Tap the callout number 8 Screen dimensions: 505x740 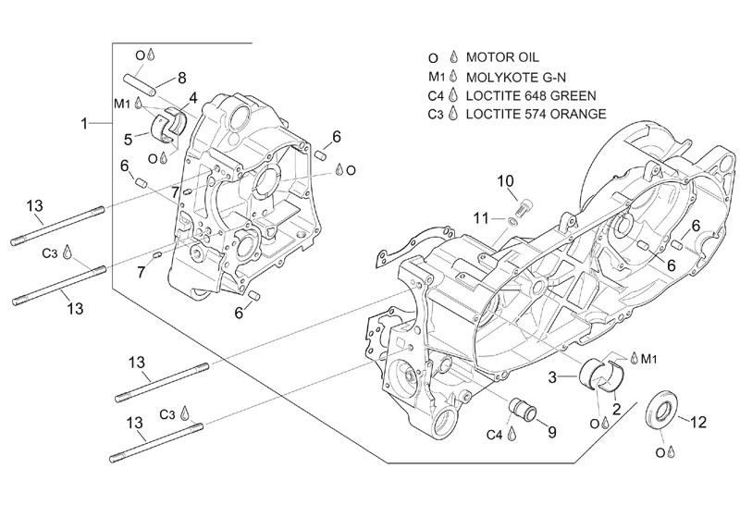click(x=182, y=78)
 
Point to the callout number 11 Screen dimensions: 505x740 click(x=478, y=217)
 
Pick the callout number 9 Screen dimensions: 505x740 click(x=552, y=431)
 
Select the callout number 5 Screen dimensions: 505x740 click(x=130, y=139)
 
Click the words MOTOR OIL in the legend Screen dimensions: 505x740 click(x=504, y=57)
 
